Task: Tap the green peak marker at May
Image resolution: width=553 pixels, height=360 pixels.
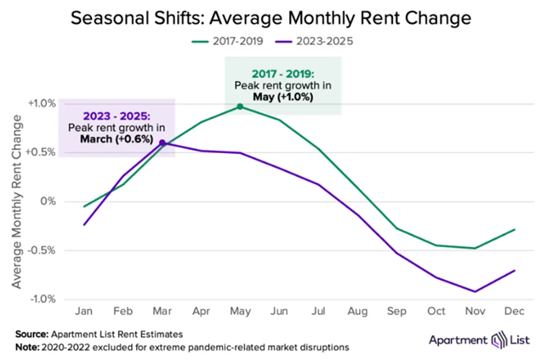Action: (x=240, y=106)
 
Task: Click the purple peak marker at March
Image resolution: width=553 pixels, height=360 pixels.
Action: (x=162, y=143)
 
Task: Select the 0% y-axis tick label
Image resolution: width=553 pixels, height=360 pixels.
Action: (x=48, y=202)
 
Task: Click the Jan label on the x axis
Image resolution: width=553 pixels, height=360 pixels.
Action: (x=84, y=312)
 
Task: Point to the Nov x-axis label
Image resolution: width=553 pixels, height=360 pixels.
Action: (x=473, y=312)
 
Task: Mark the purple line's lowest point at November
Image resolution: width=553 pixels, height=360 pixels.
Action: (x=473, y=292)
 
